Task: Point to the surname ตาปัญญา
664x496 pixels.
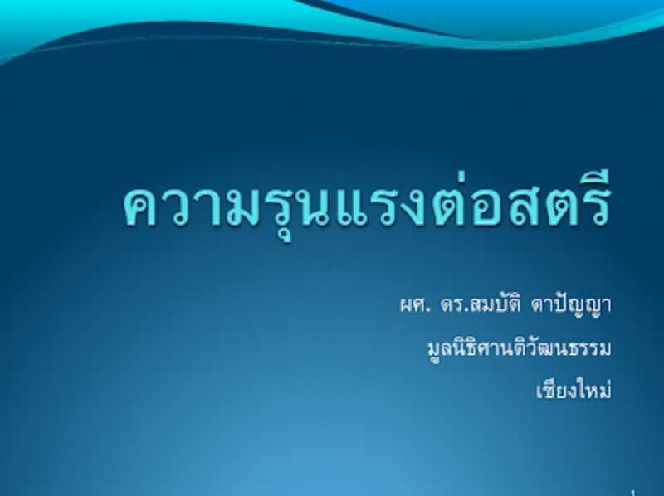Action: [577, 305]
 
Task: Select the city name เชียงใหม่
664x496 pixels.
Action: [574, 390]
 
